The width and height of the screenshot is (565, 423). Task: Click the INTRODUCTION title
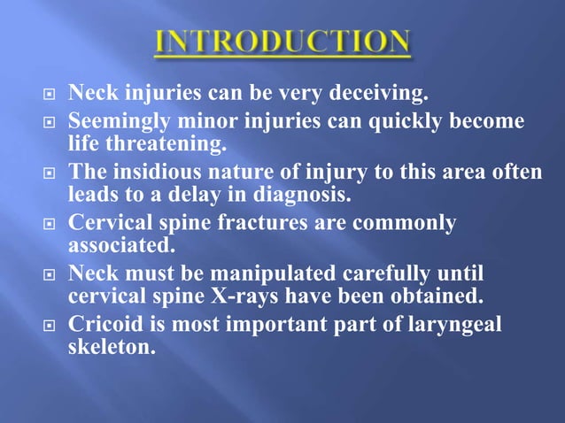coord(282,42)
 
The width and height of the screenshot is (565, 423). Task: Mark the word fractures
coord(263,223)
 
